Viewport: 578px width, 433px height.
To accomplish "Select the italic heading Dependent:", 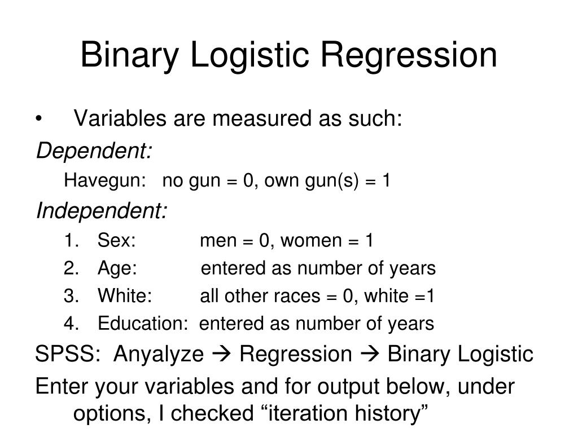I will pyautogui.click(x=94, y=151).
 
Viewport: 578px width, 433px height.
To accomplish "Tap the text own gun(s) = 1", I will pyautogui.click(x=328, y=181).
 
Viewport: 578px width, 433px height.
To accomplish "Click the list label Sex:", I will pyautogui.click(x=116, y=241).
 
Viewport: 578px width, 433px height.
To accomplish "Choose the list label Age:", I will pyautogui.click(x=117, y=269).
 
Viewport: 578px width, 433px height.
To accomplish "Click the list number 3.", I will pyautogui.click(x=70, y=296).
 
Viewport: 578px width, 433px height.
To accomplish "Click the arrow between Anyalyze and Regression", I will pyautogui.click(x=221, y=355).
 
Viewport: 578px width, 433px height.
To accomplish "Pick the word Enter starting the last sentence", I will pyautogui.click(x=62, y=387).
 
